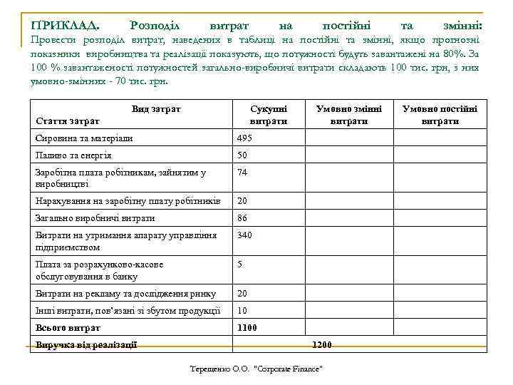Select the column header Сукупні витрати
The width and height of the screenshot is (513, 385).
click(x=269, y=115)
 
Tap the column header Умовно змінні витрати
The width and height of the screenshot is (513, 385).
click(x=349, y=115)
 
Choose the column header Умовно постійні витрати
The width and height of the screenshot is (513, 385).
click(x=440, y=115)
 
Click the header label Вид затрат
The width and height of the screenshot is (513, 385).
click(x=156, y=108)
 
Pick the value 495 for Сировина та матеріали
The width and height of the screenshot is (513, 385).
click(x=246, y=138)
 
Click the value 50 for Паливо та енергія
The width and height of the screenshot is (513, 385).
click(x=242, y=155)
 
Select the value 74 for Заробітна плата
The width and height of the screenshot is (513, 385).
click(x=242, y=173)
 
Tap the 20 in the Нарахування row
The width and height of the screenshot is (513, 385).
click(x=242, y=201)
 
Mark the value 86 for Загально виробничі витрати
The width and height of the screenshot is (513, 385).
click(x=242, y=218)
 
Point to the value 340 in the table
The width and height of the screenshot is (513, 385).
click(x=246, y=235)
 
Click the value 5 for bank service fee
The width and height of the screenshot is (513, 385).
click(x=240, y=264)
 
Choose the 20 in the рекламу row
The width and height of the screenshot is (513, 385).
click(x=242, y=293)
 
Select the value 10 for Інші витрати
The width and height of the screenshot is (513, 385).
click(x=242, y=310)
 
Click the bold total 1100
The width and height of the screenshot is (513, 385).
click(x=247, y=328)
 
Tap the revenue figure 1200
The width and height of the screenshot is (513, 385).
click(x=322, y=345)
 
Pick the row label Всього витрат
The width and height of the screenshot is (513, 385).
click(x=68, y=328)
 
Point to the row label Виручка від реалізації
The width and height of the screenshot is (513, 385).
click(x=86, y=345)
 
